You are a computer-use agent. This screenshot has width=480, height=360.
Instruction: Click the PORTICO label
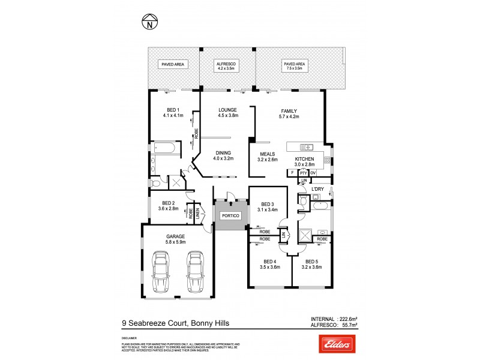[231, 215]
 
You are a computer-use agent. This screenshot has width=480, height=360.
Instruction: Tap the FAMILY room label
[290, 111]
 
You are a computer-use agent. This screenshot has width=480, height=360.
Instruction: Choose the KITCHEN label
[304, 159]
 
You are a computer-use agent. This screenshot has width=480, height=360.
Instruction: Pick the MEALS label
[268, 154]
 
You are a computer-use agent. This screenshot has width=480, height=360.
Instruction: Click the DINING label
[224, 153]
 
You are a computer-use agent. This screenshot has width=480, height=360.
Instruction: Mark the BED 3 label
[268, 205]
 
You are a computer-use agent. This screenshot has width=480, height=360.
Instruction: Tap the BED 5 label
[311, 262]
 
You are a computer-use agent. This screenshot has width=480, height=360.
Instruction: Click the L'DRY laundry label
[318, 189]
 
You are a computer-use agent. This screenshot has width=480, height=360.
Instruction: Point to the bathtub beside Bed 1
[164, 148]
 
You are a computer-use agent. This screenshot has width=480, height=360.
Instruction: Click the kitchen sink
[306, 147]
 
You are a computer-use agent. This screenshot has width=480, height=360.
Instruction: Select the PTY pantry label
[303, 173]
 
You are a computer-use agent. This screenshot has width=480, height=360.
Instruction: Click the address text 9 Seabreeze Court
[155, 323]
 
